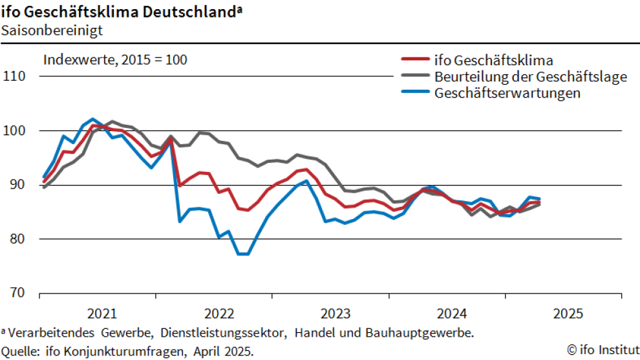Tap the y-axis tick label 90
16,185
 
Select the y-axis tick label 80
16,239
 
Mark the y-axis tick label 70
16,293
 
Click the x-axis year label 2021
102,314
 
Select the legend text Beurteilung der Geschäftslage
531,77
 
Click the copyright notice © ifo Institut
601,350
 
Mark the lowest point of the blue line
243,254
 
